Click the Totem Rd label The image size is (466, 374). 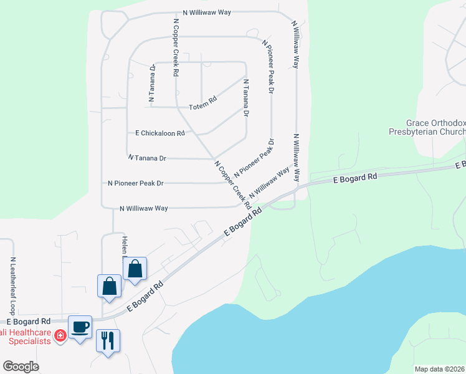tap(203, 100)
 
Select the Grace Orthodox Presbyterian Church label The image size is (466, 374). tap(427, 128)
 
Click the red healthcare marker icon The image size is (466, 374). tap(60, 336)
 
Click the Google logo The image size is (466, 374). tap(21, 367)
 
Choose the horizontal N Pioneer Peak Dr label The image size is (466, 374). tap(135, 183)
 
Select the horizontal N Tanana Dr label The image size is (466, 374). tap(146, 158)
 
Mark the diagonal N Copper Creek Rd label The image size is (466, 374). tap(232, 185)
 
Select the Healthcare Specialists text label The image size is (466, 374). tap(25, 336)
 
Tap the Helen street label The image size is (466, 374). tap(125, 246)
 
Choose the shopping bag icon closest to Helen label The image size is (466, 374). tap(135, 269)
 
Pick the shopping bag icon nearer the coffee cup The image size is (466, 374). tap(109, 285)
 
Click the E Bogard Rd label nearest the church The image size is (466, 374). tap(355, 178)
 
